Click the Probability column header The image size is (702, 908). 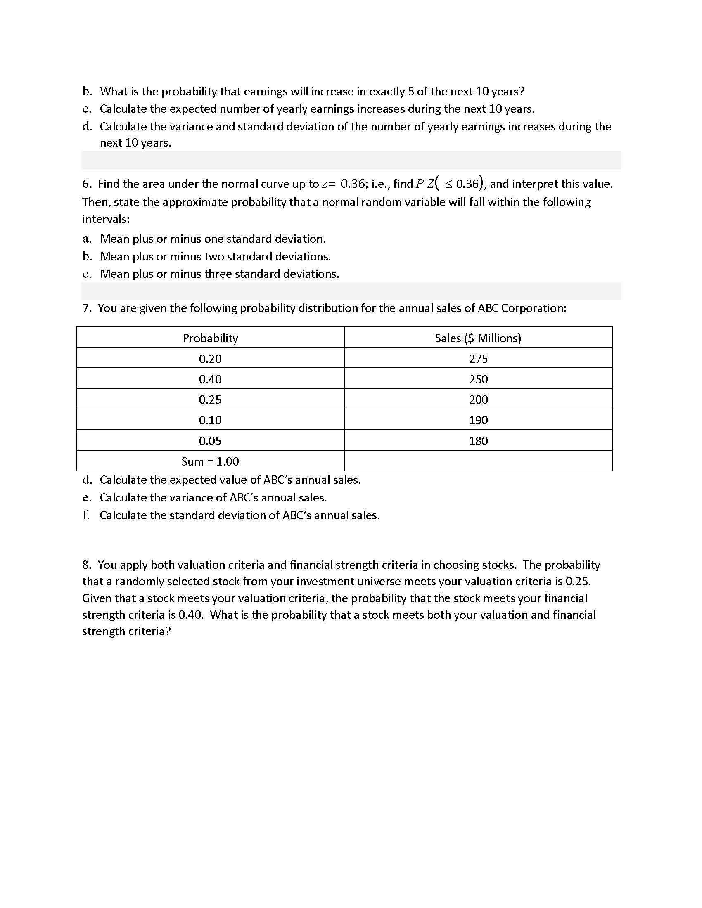click(210, 338)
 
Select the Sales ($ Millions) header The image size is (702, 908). click(478, 338)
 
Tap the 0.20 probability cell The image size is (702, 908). click(210, 358)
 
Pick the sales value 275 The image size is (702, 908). click(478, 358)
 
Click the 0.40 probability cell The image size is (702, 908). click(210, 379)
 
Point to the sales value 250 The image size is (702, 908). click(478, 379)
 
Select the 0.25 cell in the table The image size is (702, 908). click(210, 400)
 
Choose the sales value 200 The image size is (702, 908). click(478, 400)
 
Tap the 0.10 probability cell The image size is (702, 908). click(210, 420)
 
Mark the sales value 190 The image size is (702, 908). click(478, 420)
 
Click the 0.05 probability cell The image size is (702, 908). click(210, 441)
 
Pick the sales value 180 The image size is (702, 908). click(478, 441)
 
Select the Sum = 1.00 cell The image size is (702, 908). click(210, 461)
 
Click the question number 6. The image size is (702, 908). click(86, 184)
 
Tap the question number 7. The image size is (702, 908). click(86, 308)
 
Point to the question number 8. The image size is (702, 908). click(86, 565)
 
